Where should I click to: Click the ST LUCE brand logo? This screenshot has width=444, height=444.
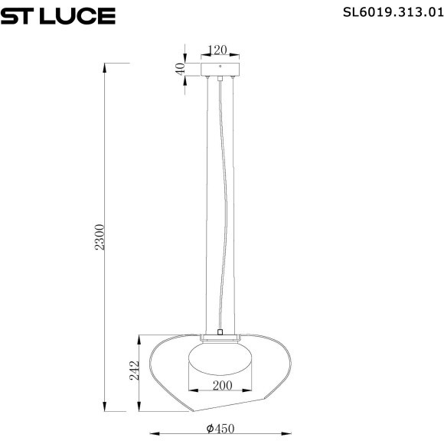[58, 15]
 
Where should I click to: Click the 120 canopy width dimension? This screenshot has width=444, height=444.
[219, 51]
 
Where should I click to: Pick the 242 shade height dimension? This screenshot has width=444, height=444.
[132, 372]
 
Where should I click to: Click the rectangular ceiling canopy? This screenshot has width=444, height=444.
[220, 69]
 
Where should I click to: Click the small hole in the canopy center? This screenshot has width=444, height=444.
[220, 76]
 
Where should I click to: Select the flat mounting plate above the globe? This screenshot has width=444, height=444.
[220, 338]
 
